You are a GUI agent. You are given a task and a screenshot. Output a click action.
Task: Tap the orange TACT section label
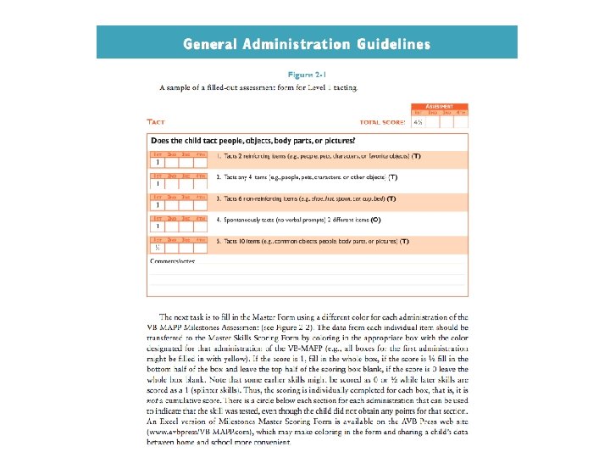tap(156, 122)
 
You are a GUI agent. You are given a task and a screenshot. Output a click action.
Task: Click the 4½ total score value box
tap(418, 122)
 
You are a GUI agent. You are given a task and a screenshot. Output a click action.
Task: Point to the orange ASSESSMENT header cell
tap(439, 106)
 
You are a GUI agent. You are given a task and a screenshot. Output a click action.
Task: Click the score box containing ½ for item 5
tap(158, 249)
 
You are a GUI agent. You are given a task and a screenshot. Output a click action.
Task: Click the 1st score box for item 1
tap(158, 161)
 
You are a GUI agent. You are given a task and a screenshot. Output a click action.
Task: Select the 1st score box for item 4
tap(158, 226)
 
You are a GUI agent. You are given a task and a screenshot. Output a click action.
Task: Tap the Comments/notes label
tap(173, 260)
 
